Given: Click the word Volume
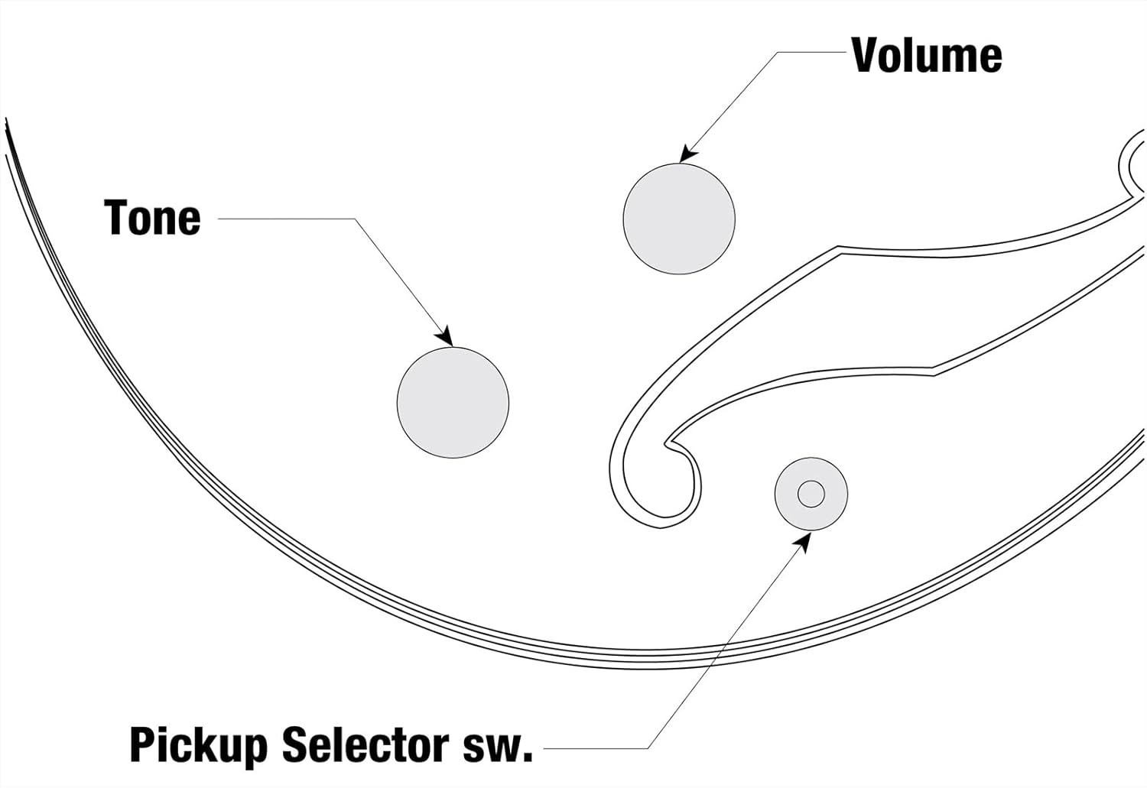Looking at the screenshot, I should tap(926, 55).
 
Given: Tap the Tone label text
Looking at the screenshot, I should tap(152, 218).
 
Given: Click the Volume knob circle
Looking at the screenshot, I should tap(679, 219).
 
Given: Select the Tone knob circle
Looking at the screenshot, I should tap(453, 403).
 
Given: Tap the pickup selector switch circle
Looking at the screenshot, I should tap(811, 494).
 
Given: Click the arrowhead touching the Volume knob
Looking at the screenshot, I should tap(686, 154).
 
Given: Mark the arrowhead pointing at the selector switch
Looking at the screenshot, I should tap(804, 540).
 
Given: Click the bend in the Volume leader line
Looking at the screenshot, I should tap(778, 52).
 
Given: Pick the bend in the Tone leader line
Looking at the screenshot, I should tap(355, 219).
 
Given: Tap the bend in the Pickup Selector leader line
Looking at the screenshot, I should tap(648, 747).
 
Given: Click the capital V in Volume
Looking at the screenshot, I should tap(865, 55).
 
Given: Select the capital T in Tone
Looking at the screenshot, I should tap(116, 218).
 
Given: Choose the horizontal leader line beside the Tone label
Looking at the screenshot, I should tap(287, 219).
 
